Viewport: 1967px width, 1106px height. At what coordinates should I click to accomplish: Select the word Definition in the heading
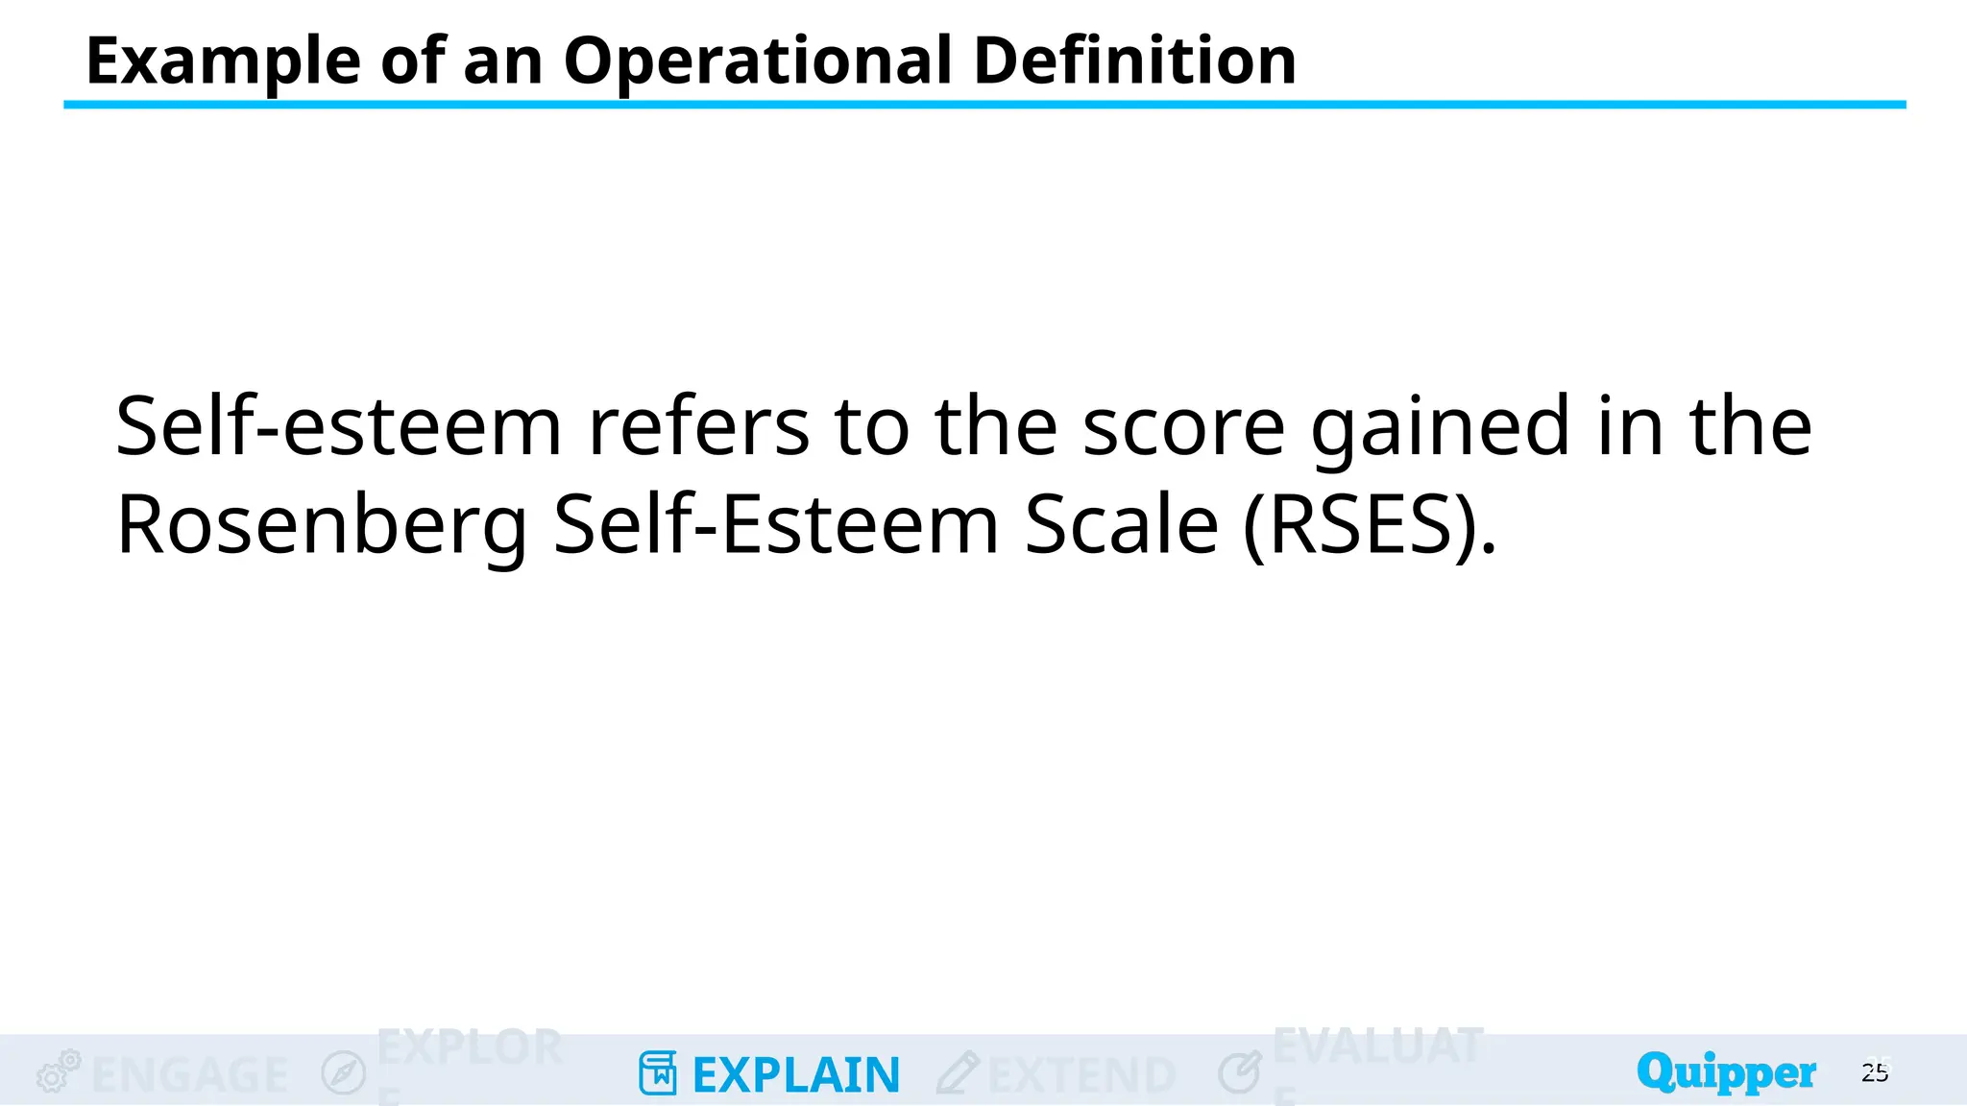pos(1134,61)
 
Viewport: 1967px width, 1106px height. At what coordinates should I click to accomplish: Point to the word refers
pos(698,426)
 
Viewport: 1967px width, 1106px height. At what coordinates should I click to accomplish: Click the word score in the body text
pos(1183,426)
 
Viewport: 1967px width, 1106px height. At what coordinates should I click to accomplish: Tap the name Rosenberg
pos(322,526)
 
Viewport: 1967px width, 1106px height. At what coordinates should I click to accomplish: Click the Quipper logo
pos(1726,1072)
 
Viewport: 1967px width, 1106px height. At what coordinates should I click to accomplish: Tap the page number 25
pos(1875,1072)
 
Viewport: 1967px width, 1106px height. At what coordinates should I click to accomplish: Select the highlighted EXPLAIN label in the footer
pos(796,1075)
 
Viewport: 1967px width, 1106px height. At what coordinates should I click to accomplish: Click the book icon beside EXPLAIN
pos(658,1073)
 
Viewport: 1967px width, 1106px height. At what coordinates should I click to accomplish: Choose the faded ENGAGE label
pos(190,1075)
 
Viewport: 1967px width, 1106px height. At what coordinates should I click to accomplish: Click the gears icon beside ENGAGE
pos(59,1071)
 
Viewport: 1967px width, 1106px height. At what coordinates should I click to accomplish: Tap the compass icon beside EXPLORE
pos(344,1072)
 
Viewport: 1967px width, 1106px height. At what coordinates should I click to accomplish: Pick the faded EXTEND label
pos(1081,1075)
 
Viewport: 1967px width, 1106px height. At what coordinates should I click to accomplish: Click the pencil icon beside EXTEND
pos(958,1072)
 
